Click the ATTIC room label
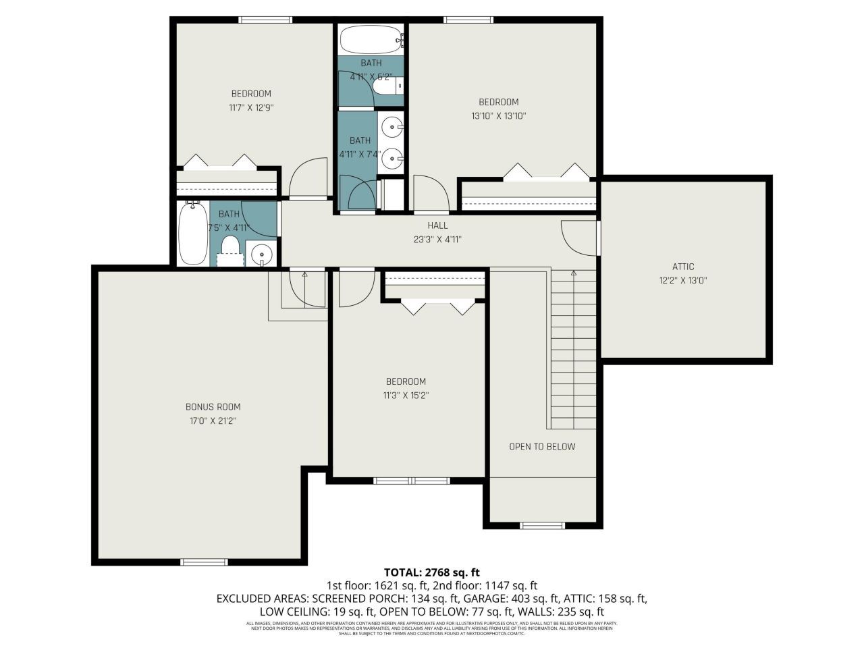682,267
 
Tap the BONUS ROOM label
213,407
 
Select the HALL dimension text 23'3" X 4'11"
437,240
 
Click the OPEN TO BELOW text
542,446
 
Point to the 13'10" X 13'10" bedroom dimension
498,116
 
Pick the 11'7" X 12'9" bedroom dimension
250,107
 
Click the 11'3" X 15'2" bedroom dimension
406,396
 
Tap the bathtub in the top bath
371,40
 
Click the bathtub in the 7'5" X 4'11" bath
193,234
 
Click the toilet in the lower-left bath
230,247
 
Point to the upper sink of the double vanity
392,126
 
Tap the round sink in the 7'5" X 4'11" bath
261,255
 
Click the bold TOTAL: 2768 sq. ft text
431,572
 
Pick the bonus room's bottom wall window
204,562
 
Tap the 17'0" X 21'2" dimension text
213,421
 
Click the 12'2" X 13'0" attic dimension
682,281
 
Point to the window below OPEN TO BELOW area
542,525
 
